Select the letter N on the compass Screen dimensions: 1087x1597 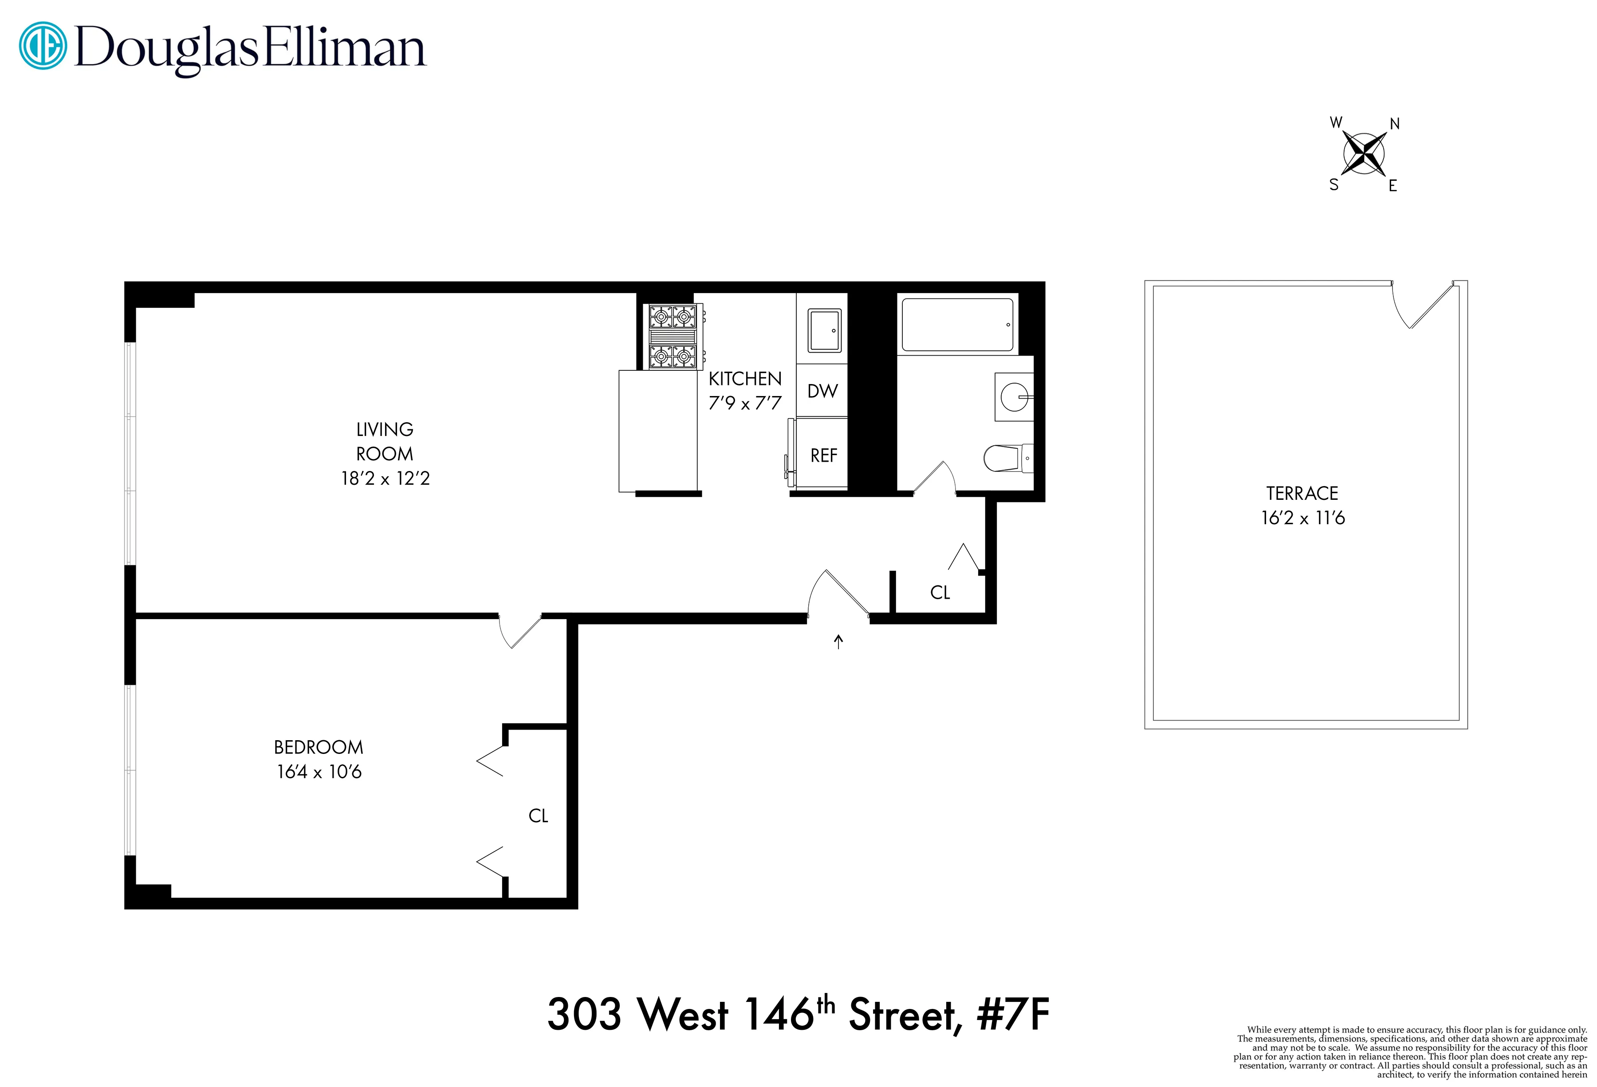click(x=1394, y=124)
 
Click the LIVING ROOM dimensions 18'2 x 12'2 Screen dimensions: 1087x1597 click(x=385, y=478)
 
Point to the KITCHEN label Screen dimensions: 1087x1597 click(x=745, y=379)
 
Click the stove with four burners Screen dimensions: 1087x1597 click(x=673, y=337)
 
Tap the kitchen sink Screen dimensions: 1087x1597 click(x=824, y=330)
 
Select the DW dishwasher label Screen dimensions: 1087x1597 click(x=822, y=391)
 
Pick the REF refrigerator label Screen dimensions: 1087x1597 click(x=823, y=455)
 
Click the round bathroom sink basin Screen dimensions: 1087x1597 click(x=1014, y=397)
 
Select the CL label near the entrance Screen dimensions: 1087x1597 click(x=940, y=593)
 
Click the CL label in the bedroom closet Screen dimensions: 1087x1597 click(x=538, y=816)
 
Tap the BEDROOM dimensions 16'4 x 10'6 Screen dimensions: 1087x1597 click(x=319, y=772)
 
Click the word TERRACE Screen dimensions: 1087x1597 click(x=1302, y=493)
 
